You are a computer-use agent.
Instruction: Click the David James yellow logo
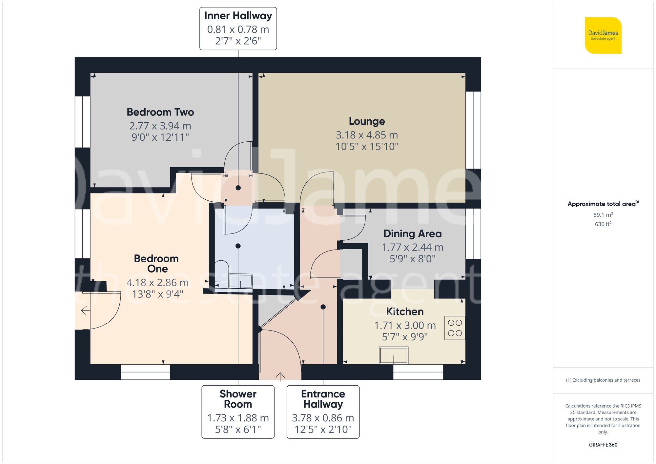[603, 35]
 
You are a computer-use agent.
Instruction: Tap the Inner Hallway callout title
[238, 16]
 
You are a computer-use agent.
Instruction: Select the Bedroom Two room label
[160, 112]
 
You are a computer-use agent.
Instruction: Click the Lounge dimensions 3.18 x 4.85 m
[367, 135]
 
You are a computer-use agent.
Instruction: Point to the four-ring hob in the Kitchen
[455, 328]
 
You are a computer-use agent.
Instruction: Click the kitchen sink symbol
[394, 355]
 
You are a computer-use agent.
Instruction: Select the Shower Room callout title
[238, 399]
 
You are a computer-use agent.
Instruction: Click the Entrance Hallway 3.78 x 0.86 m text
[323, 418]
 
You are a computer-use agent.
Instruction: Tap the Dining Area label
[412, 234]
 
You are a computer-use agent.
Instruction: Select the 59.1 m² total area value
[603, 215]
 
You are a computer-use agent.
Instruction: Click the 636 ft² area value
[603, 224]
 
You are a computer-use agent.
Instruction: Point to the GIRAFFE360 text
[603, 445]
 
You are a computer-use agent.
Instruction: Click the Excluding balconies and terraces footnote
[603, 380]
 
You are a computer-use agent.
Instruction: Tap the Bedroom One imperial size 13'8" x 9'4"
[157, 294]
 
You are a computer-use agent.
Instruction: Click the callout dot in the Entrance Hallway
[323, 307]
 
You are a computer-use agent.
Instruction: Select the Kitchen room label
[404, 312]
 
